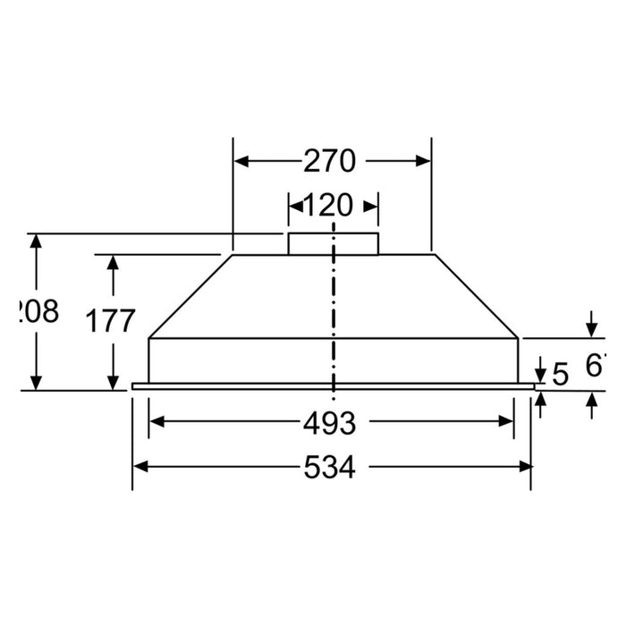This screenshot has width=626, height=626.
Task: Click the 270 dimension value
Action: point(331,161)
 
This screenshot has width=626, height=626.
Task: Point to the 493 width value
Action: point(330,422)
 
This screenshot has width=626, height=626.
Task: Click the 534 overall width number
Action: point(330,467)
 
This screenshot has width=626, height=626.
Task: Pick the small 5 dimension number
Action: point(561,374)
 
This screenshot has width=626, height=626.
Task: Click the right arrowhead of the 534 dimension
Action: point(524,467)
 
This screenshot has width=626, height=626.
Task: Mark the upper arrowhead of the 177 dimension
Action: point(113,262)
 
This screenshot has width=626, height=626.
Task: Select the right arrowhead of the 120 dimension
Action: point(370,207)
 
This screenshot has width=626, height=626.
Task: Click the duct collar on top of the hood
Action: point(333,244)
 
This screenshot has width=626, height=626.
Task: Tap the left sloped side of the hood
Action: point(190,296)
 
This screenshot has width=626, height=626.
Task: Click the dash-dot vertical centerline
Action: point(334,313)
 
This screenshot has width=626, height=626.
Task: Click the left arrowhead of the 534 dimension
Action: point(140,467)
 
